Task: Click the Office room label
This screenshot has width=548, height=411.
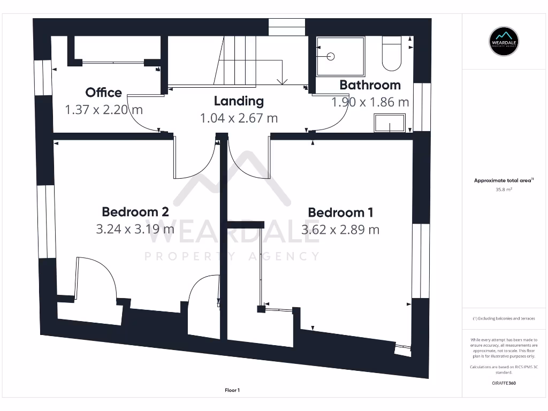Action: [x=104, y=93]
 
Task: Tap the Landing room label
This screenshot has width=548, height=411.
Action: [x=239, y=101]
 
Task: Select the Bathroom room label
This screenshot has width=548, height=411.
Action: [x=370, y=85]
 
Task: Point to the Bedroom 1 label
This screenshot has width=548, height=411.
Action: [x=340, y=212]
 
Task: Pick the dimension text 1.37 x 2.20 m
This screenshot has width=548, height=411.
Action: [x=104, y=110]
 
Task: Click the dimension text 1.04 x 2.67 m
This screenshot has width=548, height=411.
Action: [x=239, y=118]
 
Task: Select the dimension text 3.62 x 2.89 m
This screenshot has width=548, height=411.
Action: [x=340, y=230]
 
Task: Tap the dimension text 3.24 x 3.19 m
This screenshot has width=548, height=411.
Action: [x=135, y=230]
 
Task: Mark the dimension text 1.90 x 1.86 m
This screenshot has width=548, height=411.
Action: [x=370, y=102]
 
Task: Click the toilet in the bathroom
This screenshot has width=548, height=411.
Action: [x=392, y=54]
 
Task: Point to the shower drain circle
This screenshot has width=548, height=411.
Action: [x=330, y=56]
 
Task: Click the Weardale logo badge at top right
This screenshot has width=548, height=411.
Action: [x=504, y=41]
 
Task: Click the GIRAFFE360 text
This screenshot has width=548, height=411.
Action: [x=504, y=383]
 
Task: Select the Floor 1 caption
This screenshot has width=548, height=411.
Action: [x=232, y=391]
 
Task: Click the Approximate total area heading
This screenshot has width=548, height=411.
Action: [x=503, y=181]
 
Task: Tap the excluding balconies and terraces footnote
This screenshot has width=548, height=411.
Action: [x=504, y=318]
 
